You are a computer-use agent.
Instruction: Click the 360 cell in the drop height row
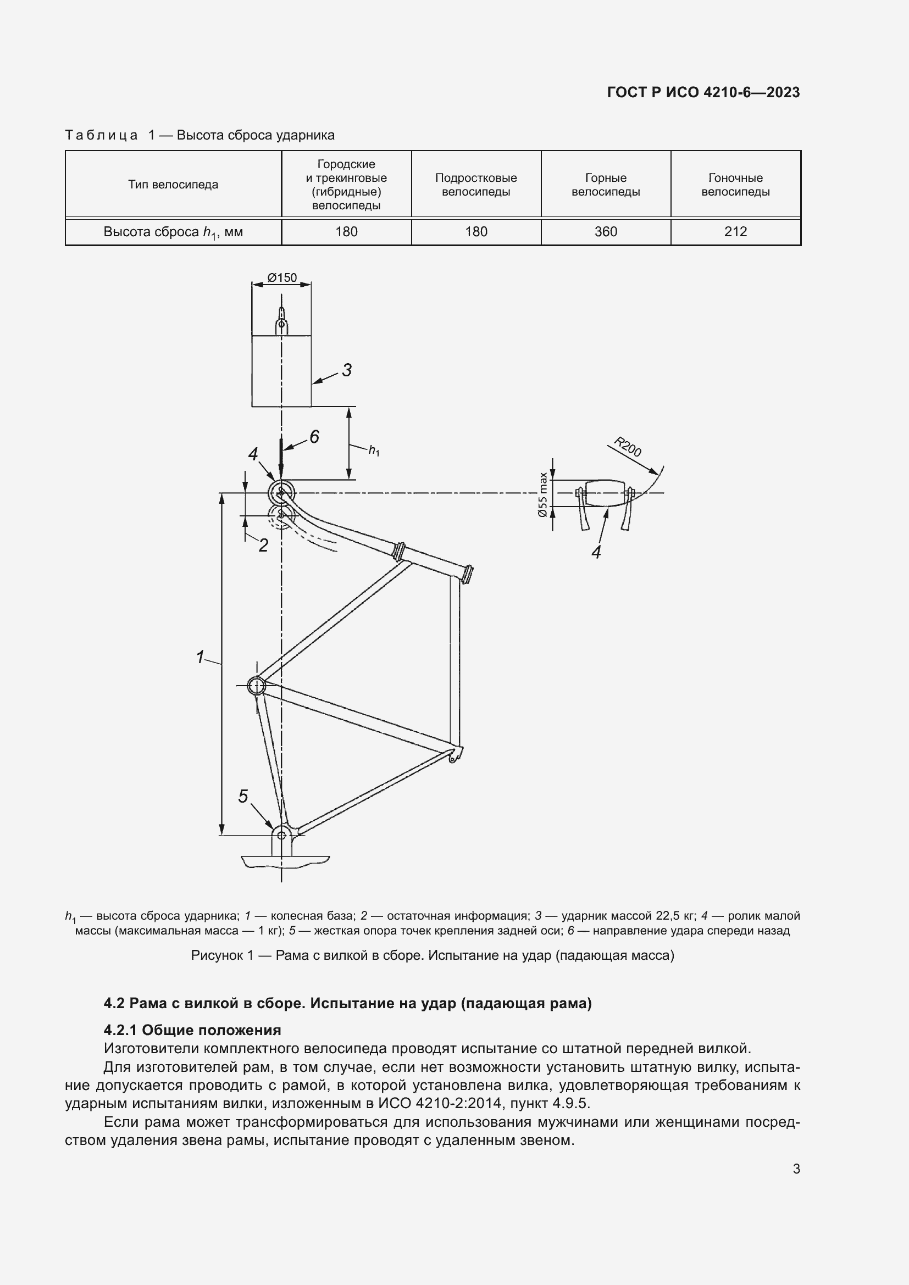point(606,232)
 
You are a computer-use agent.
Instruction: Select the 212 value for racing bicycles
point(735,232)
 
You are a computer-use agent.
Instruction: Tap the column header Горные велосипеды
point(606,185)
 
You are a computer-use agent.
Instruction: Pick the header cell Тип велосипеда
point(173,185)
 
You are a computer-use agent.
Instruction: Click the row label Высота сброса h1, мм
point(173,232)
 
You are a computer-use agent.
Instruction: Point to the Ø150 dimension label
point(281,277)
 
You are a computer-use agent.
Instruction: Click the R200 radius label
point(628,447)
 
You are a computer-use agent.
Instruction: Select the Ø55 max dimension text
point(542,495)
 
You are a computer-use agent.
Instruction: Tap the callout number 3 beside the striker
point(346,370)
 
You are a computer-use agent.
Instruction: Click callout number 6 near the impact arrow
point(314,437)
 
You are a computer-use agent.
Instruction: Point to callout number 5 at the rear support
point(243,797)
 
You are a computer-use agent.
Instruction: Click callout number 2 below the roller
point(263,545)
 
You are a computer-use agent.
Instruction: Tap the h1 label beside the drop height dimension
point(374,450)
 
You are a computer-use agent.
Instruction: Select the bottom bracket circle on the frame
point(256,685)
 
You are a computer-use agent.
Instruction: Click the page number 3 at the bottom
point(796,1169)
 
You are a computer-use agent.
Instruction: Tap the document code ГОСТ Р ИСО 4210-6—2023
point(703,92)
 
